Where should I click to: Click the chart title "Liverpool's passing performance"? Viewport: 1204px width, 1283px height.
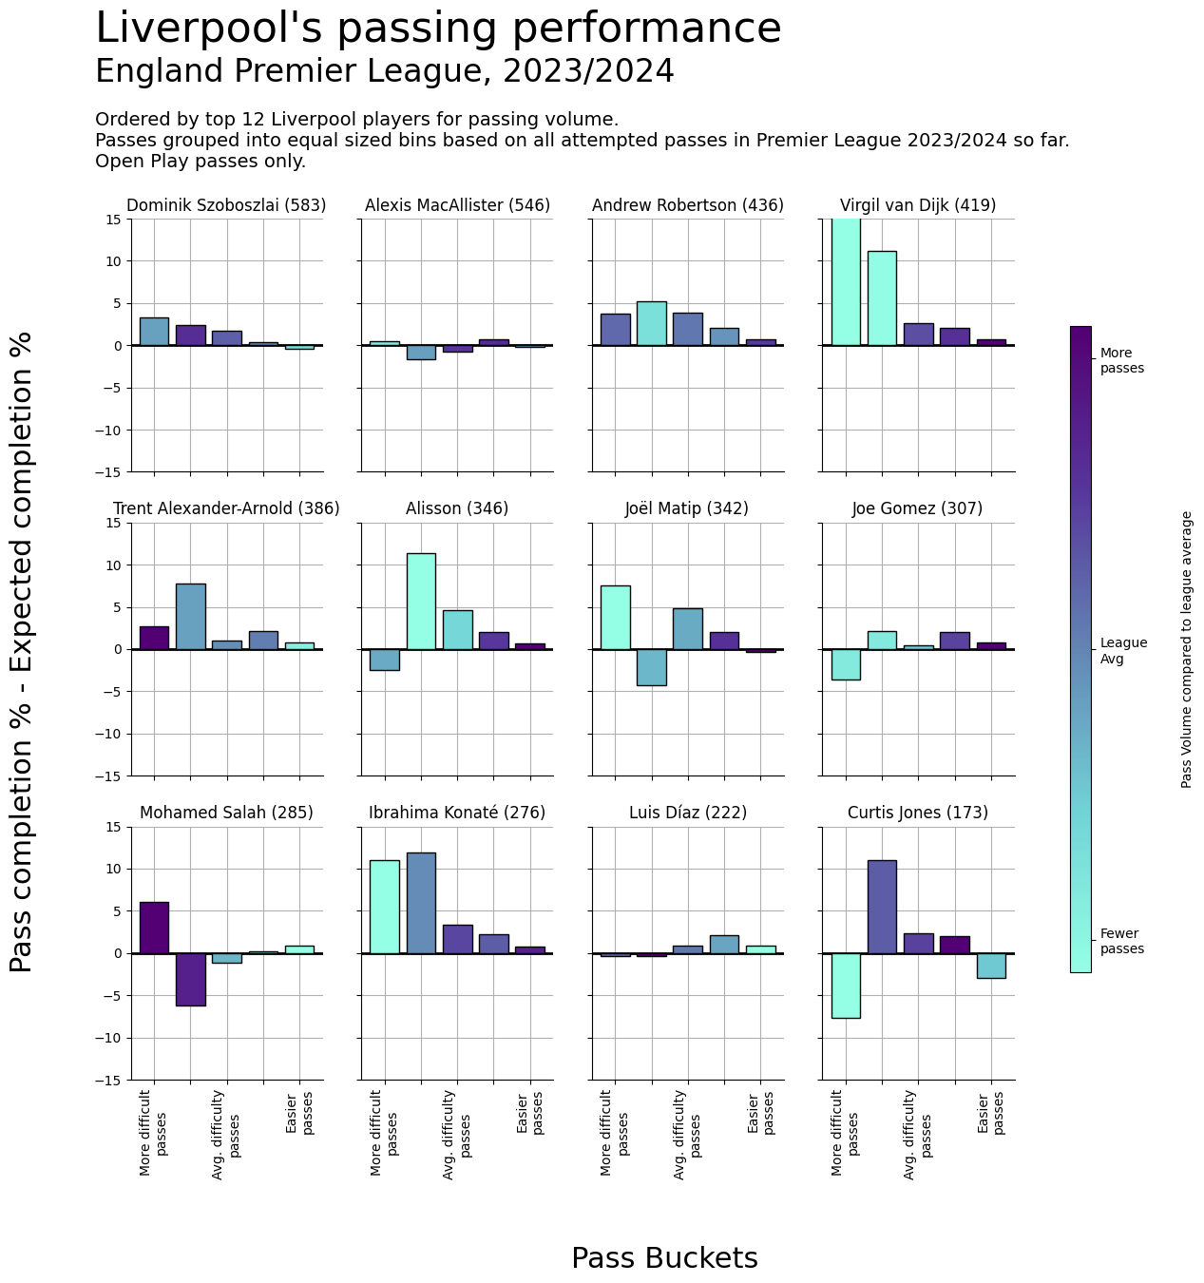(438, 29)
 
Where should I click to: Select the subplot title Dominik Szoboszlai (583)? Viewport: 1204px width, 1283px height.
(226, 205)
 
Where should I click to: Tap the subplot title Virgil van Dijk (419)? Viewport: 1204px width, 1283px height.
(918, 205)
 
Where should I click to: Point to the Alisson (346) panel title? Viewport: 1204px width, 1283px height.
(457, 508)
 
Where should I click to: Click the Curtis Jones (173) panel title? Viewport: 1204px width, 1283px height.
(918, 813)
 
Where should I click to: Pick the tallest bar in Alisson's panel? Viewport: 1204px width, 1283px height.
(421, 601)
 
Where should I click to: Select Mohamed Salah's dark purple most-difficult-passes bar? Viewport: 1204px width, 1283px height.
(154, 928)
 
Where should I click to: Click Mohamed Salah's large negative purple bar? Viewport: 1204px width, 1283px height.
(190, 979)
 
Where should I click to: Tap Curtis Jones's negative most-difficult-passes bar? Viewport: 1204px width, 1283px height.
(846, 986)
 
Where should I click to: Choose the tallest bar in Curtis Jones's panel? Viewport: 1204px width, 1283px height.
(882, 907)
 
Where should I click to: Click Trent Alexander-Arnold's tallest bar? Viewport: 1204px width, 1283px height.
(190, 617)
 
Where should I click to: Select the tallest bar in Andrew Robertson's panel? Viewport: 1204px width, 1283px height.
(651, 323)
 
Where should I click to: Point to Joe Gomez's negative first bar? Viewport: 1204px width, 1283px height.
(846, 664)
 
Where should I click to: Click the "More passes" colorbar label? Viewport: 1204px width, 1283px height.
(1122, 361)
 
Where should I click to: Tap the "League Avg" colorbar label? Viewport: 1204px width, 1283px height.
(1123, 651)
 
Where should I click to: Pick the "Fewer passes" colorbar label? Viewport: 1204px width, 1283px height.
(1122, 941)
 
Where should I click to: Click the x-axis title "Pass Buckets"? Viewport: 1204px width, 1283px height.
(664, 1258)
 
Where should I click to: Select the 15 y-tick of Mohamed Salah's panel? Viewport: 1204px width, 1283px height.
(115, 827)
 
